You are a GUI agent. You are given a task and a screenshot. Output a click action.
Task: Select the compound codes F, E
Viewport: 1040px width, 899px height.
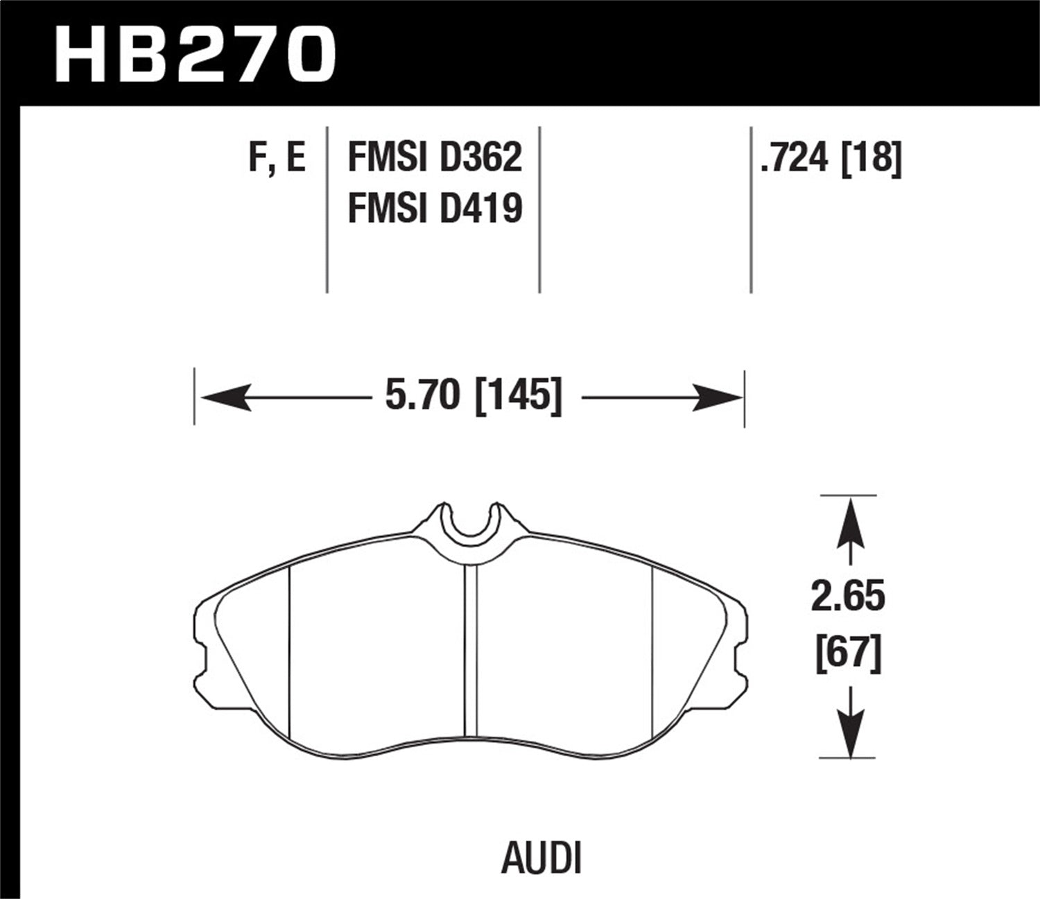pyautogui.click(x=277, y=158)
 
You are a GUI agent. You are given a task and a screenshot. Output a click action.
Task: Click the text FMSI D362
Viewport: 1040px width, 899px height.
pyautogui.click(x=434, y=158)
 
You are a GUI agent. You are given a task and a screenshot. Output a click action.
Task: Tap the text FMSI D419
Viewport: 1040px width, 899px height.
pyautogui.click(x=434, y=208)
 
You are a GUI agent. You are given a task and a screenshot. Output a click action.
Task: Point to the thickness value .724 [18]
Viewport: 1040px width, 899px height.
pyautogui.click(x=831, y=158)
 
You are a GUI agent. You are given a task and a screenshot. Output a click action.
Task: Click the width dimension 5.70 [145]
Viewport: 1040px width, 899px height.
pyautogui.click(x=473, y=397)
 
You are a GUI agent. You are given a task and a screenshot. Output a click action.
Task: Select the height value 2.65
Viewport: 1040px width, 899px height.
pyautogui.click(x=848, y=598)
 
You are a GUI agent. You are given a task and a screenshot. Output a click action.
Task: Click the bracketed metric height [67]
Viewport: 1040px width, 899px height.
pyautogui.click(x=848, y=654)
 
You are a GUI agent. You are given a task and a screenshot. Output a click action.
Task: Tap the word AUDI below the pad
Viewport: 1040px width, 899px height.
pyautogui.click(x=540, y=859)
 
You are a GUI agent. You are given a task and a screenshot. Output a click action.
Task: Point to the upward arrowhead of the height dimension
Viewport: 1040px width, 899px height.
pyautogui.click(x=849, y=517)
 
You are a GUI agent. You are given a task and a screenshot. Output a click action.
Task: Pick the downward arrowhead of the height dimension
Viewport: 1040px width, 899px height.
pyautogui.click(x=849, y=735)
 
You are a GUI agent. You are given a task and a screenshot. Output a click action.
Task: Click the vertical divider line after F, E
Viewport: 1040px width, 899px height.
pyautogui.click(x=327, y=208)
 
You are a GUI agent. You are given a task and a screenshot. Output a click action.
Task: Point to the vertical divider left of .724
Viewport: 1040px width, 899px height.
pyautogui.click(x=752, y=208)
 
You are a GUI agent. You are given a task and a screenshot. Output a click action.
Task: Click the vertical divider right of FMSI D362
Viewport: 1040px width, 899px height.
pyautogui.click(x=539, y=208)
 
